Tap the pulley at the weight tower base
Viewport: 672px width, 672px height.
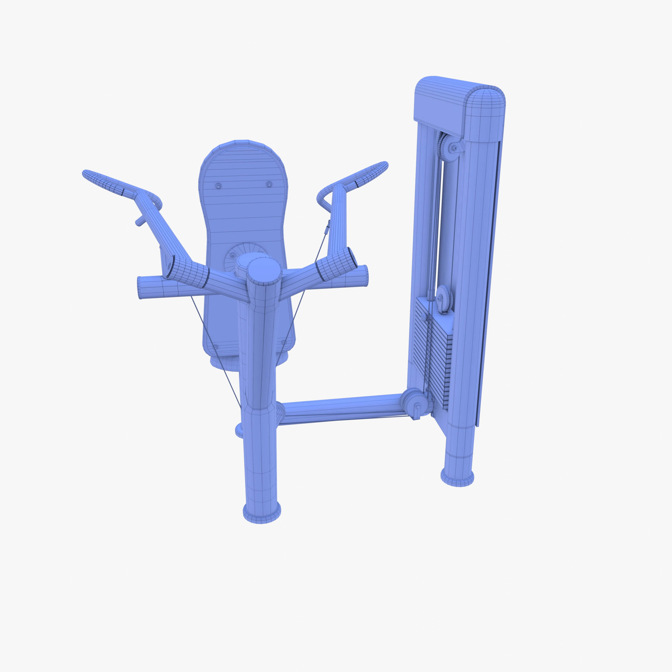(412, 403)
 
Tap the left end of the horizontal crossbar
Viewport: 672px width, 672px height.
(139, 288)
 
